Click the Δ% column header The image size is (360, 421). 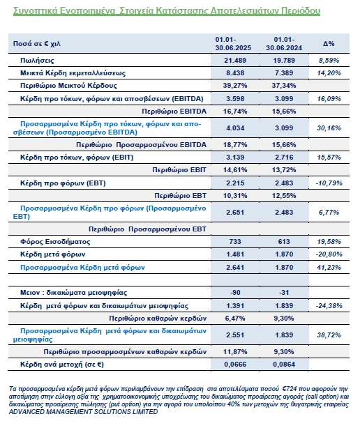(329, 43)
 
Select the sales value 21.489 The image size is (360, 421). (235, 61)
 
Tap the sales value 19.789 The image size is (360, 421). (284, 61)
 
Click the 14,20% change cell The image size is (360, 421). (329, 73)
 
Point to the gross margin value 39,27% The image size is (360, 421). (235, 86)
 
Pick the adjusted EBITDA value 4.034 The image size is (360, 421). (235, 128)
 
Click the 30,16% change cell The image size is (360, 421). (329, 128)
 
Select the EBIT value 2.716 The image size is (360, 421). (284, 158)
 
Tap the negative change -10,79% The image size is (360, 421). (329, 183)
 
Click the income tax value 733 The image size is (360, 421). (235, 242)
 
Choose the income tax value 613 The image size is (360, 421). (284, 242)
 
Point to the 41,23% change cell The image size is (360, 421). (329, 268)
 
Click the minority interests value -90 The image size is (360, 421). (235, 292)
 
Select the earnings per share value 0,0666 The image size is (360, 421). (235, 365)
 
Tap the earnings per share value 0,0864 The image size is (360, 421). (284, 365)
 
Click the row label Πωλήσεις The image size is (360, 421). (37, 61)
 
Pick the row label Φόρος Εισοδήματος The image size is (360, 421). (55, 242)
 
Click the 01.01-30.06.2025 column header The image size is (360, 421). (233, 43)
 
